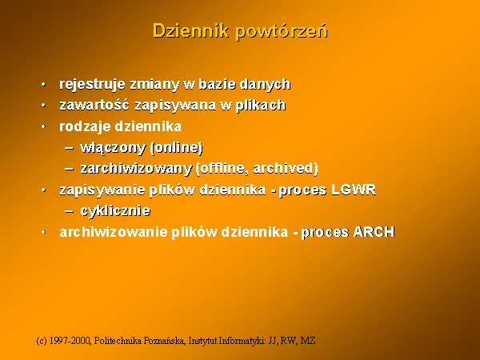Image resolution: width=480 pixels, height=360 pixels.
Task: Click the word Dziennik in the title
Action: click(x=190, y=31)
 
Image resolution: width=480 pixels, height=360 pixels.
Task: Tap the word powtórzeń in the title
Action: click(x=282, y=31)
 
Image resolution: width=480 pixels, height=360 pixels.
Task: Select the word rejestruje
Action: click(x=92, y=85)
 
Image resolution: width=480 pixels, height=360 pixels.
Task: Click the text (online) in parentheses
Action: click(x=177, y=147)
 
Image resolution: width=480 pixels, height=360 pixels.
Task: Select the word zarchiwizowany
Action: click(x=136, y=168)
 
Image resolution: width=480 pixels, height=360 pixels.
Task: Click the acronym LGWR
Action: click(x=354, y=190)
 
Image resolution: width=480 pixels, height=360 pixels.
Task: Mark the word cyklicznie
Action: click(x=115, y=211)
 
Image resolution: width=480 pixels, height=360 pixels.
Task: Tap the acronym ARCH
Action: click(x=374, y=232)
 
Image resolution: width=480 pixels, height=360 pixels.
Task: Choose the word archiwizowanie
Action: click(x=113, y=232)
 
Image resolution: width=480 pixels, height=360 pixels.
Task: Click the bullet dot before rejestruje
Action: click(x=43, y=84)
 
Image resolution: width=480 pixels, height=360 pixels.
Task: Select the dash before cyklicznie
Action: click(x=69, y=211)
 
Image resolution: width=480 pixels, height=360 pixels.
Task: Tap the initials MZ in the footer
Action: click(x=308, y=341)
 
